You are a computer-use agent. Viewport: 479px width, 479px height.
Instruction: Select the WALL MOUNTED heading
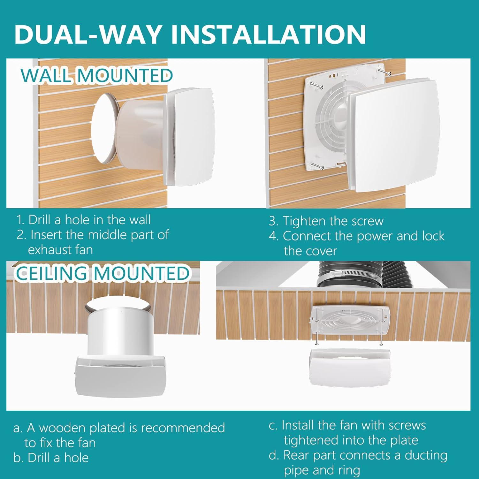click(x=96, y=76)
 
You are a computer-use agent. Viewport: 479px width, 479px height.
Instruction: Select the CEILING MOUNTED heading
click(x=103, y=274)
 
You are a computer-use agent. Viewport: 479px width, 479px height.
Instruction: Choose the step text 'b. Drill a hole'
click(x=51, y=458)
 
